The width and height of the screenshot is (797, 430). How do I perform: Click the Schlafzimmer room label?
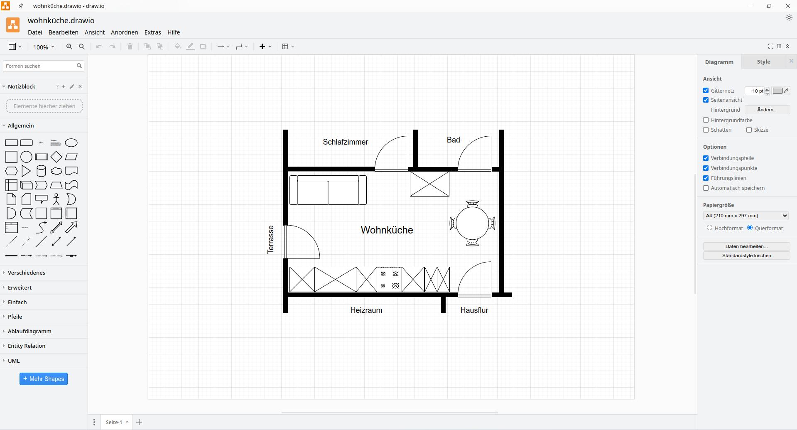click(x=345, y=142)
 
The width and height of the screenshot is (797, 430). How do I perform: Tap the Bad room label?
click(x=453, y=140)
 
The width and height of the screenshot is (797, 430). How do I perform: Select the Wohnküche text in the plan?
click(x=387, y=230)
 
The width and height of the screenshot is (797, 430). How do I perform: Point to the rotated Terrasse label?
click(x=271, y=240)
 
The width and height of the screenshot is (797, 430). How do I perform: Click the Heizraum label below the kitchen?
click(x=366, y=310)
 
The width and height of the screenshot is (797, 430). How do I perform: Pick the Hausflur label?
click(x=474, y=310)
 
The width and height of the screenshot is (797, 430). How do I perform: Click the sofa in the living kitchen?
click(x=328, y=190)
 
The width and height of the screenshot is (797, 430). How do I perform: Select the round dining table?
click(x=472, y=224)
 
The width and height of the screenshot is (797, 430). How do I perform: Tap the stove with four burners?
click(x=389, y=280)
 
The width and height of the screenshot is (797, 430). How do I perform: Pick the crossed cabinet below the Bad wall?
click(x=429, y=184)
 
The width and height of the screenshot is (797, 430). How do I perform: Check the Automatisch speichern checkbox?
click(x=706, y=188)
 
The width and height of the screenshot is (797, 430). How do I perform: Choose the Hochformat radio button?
click(x=709, y=228)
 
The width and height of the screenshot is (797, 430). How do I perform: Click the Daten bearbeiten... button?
click(x=746, y=246)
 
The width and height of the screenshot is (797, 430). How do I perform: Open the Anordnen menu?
click(x=124, y=32)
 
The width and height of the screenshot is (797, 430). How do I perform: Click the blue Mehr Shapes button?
click(x=44, y=379)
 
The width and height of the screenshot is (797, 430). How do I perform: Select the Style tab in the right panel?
click(x=763, y=62)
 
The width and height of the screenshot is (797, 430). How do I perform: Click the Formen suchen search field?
click(x=39, y=66)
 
